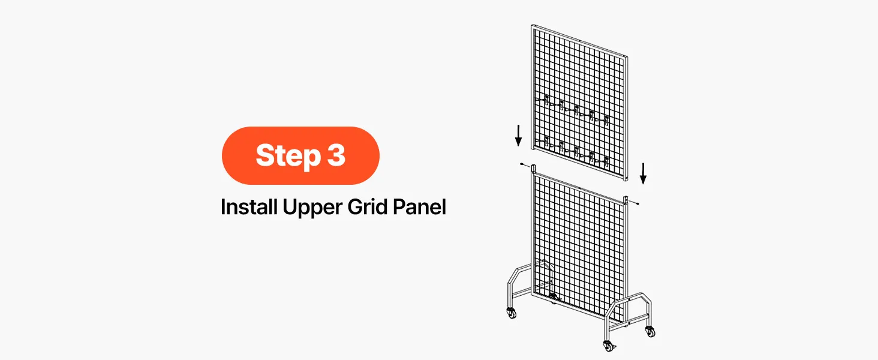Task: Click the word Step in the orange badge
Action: coord(288,155)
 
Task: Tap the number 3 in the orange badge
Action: coord(336,155)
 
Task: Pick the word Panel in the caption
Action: coord(419,206)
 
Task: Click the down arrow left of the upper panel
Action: coord(519,135)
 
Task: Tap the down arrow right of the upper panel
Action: coord(643,173)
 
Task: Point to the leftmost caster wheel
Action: coord(512,313)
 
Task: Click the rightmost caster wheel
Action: coord(650,332)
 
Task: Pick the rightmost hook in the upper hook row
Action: coord(606,120)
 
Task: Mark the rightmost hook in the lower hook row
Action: coord(606,160)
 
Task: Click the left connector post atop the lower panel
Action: coord(534,169)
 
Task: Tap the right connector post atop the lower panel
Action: coord(626,200)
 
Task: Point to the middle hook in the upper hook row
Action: coord(576,110)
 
